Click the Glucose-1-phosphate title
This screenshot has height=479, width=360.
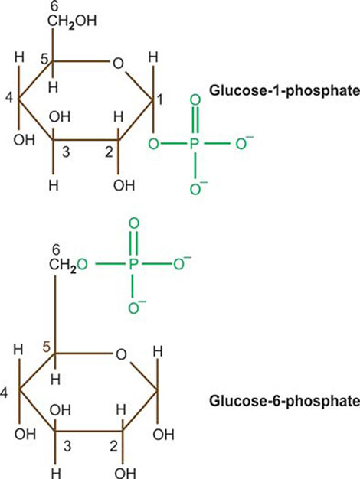tap(284, 91)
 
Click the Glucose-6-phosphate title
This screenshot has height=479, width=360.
tap(284, 400)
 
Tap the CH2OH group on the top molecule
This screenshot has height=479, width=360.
tap(72, 21)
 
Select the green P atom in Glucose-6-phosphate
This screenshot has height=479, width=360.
tap(133, 264)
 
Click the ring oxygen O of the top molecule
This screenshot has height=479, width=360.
tap(119, 64)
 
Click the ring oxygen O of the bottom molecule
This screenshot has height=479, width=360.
tap(121, 355)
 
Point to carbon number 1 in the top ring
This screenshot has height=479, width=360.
tap(160, 100)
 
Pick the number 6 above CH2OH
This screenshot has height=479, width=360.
tap(54, 8)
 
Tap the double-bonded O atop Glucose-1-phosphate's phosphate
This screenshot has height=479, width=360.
tap(195, 101)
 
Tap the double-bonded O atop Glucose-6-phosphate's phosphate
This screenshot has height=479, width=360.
tap(134, 223)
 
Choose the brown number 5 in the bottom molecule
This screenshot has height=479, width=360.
tap(47, 348)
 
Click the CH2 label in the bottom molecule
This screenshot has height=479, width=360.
tap(63, 265)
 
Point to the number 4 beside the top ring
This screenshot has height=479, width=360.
tap(9, 99)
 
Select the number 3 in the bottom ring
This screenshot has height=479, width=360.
tap(67, 446)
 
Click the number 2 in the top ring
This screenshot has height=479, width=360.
tap(110, 152)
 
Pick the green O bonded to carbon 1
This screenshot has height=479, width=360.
tap(153, 144)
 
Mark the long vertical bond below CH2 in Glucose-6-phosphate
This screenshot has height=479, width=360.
tap(55, 314)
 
